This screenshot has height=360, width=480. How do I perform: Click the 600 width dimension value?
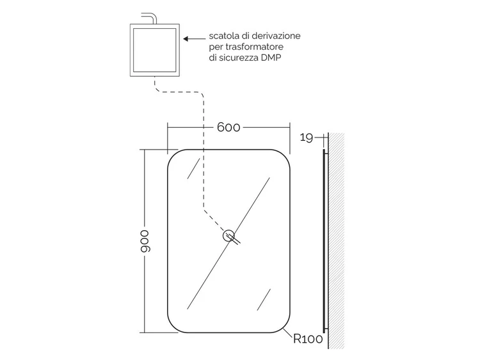tap(228, 127)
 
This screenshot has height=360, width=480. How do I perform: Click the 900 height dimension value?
tap(145, 241)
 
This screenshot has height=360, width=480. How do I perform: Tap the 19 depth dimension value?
tap(306, 137)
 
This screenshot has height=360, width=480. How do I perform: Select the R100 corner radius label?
tap(308, 339)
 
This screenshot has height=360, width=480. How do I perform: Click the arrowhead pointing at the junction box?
tap(186, 38)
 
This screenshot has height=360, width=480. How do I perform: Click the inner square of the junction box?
tap(155, 50)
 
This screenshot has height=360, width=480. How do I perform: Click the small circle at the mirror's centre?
tap(228, 235)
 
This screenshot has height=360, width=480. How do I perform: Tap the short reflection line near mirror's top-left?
tap(193, 168)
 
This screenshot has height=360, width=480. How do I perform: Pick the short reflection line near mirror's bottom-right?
tap(264, 299)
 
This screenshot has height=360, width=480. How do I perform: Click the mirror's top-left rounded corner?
tap(173, 155)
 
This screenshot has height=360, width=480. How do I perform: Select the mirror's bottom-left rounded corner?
tap(173, 327)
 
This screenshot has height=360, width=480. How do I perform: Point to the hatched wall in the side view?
tap(336, 240)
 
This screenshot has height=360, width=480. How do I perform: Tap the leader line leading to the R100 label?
tap(288, 333)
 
